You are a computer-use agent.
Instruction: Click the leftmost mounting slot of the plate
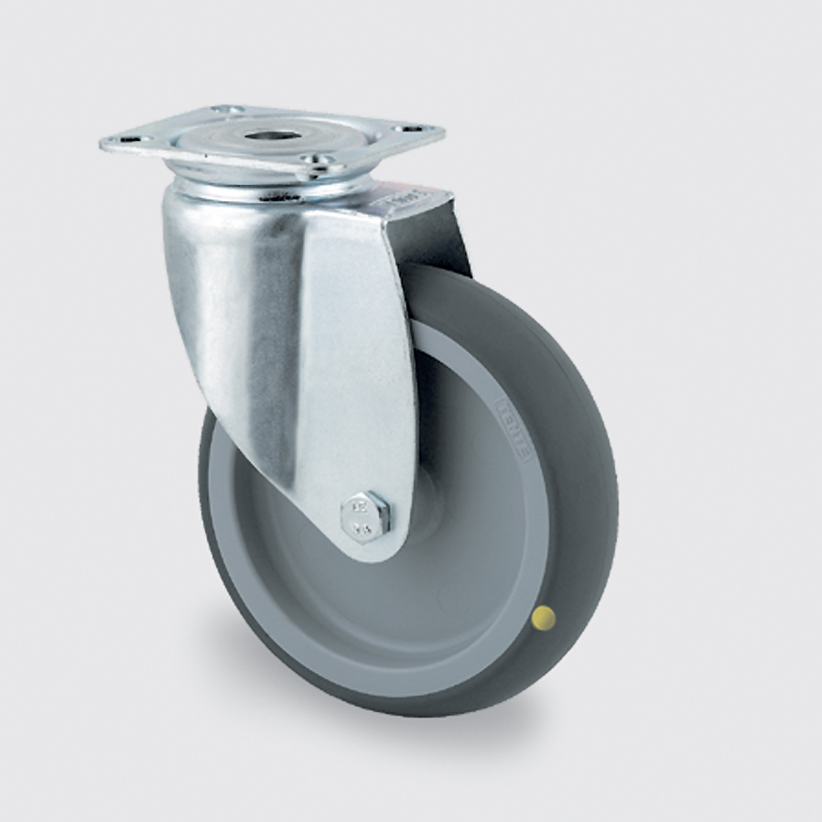(x=130, y=142)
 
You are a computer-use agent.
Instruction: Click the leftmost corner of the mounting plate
(x=102, y=143)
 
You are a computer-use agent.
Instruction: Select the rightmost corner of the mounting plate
(x=443, y=130)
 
